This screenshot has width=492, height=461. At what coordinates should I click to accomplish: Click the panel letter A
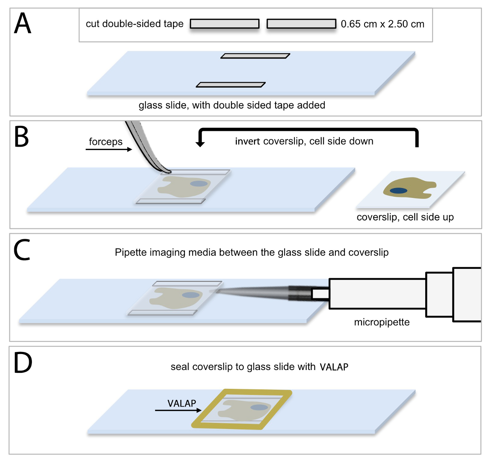[x=23, y=23]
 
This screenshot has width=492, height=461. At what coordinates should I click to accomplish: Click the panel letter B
[x=22, y=136]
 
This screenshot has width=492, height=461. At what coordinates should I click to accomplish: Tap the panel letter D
[x=23, y=363]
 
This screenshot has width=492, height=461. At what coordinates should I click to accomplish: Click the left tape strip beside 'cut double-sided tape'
[x=225, y=24]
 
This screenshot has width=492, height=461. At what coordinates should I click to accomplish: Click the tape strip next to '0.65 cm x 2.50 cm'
[x=301, y=24]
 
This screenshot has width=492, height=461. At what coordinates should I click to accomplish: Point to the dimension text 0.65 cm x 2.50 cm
[x=383, y=24]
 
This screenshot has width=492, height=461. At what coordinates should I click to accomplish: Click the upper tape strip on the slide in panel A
[x=255, y=56]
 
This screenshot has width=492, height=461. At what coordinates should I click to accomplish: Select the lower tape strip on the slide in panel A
[x=231, y=85]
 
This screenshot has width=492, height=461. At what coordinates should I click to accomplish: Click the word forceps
[x=105, y=142]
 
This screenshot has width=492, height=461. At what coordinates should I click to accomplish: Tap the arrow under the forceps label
[x=109, y=149]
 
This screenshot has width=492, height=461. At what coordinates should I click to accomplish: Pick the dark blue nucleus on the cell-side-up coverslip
[x=399, y=191]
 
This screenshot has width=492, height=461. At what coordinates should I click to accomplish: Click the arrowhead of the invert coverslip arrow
[x=200, y=144]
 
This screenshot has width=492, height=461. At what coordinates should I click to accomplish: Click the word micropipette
[x=382, y=322]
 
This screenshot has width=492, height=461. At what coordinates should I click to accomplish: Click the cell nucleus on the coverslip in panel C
[x=191, y=295]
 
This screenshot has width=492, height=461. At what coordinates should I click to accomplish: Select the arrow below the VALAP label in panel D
[x=178, y=411]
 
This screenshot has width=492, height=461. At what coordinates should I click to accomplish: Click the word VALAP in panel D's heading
[x=334, y=367]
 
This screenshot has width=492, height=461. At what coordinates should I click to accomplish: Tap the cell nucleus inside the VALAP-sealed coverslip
[x=259, y=407]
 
